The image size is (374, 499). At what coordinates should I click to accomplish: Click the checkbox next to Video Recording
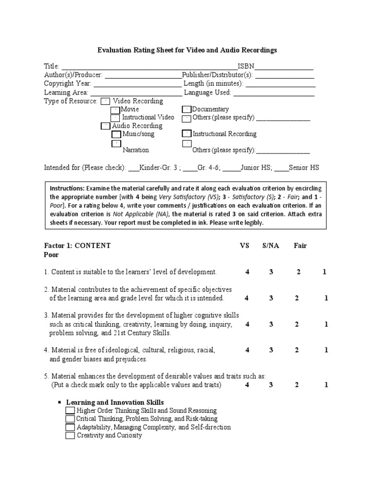point(105,101)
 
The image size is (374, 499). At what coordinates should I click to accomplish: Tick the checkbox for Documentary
point(187,110)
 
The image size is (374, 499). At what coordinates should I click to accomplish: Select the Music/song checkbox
point(116,134)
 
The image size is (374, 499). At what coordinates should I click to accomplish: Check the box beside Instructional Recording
point(187,134)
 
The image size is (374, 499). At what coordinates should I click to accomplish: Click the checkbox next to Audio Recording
point(105,126)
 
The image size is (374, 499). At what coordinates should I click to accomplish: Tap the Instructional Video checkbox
point(115,118)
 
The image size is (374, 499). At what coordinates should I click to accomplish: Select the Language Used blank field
point(274,93)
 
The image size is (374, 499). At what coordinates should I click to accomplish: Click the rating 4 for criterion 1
point(247,272)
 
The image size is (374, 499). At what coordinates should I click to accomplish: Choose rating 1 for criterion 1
point(324,272)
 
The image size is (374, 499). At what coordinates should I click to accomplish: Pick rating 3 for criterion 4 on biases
point(271,350)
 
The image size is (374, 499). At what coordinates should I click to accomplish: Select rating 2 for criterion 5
point(297,384)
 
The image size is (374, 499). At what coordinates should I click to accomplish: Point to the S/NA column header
point(271,246)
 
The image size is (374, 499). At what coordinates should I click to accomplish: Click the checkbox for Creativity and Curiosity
point(70,436)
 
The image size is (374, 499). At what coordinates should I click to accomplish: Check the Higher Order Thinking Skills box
point(70,411)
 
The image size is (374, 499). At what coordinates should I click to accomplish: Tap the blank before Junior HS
point(232,168)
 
